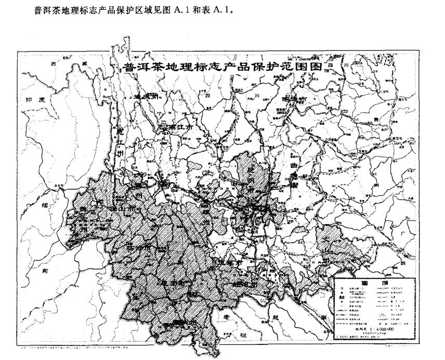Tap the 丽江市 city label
click(x=180, y=126)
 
